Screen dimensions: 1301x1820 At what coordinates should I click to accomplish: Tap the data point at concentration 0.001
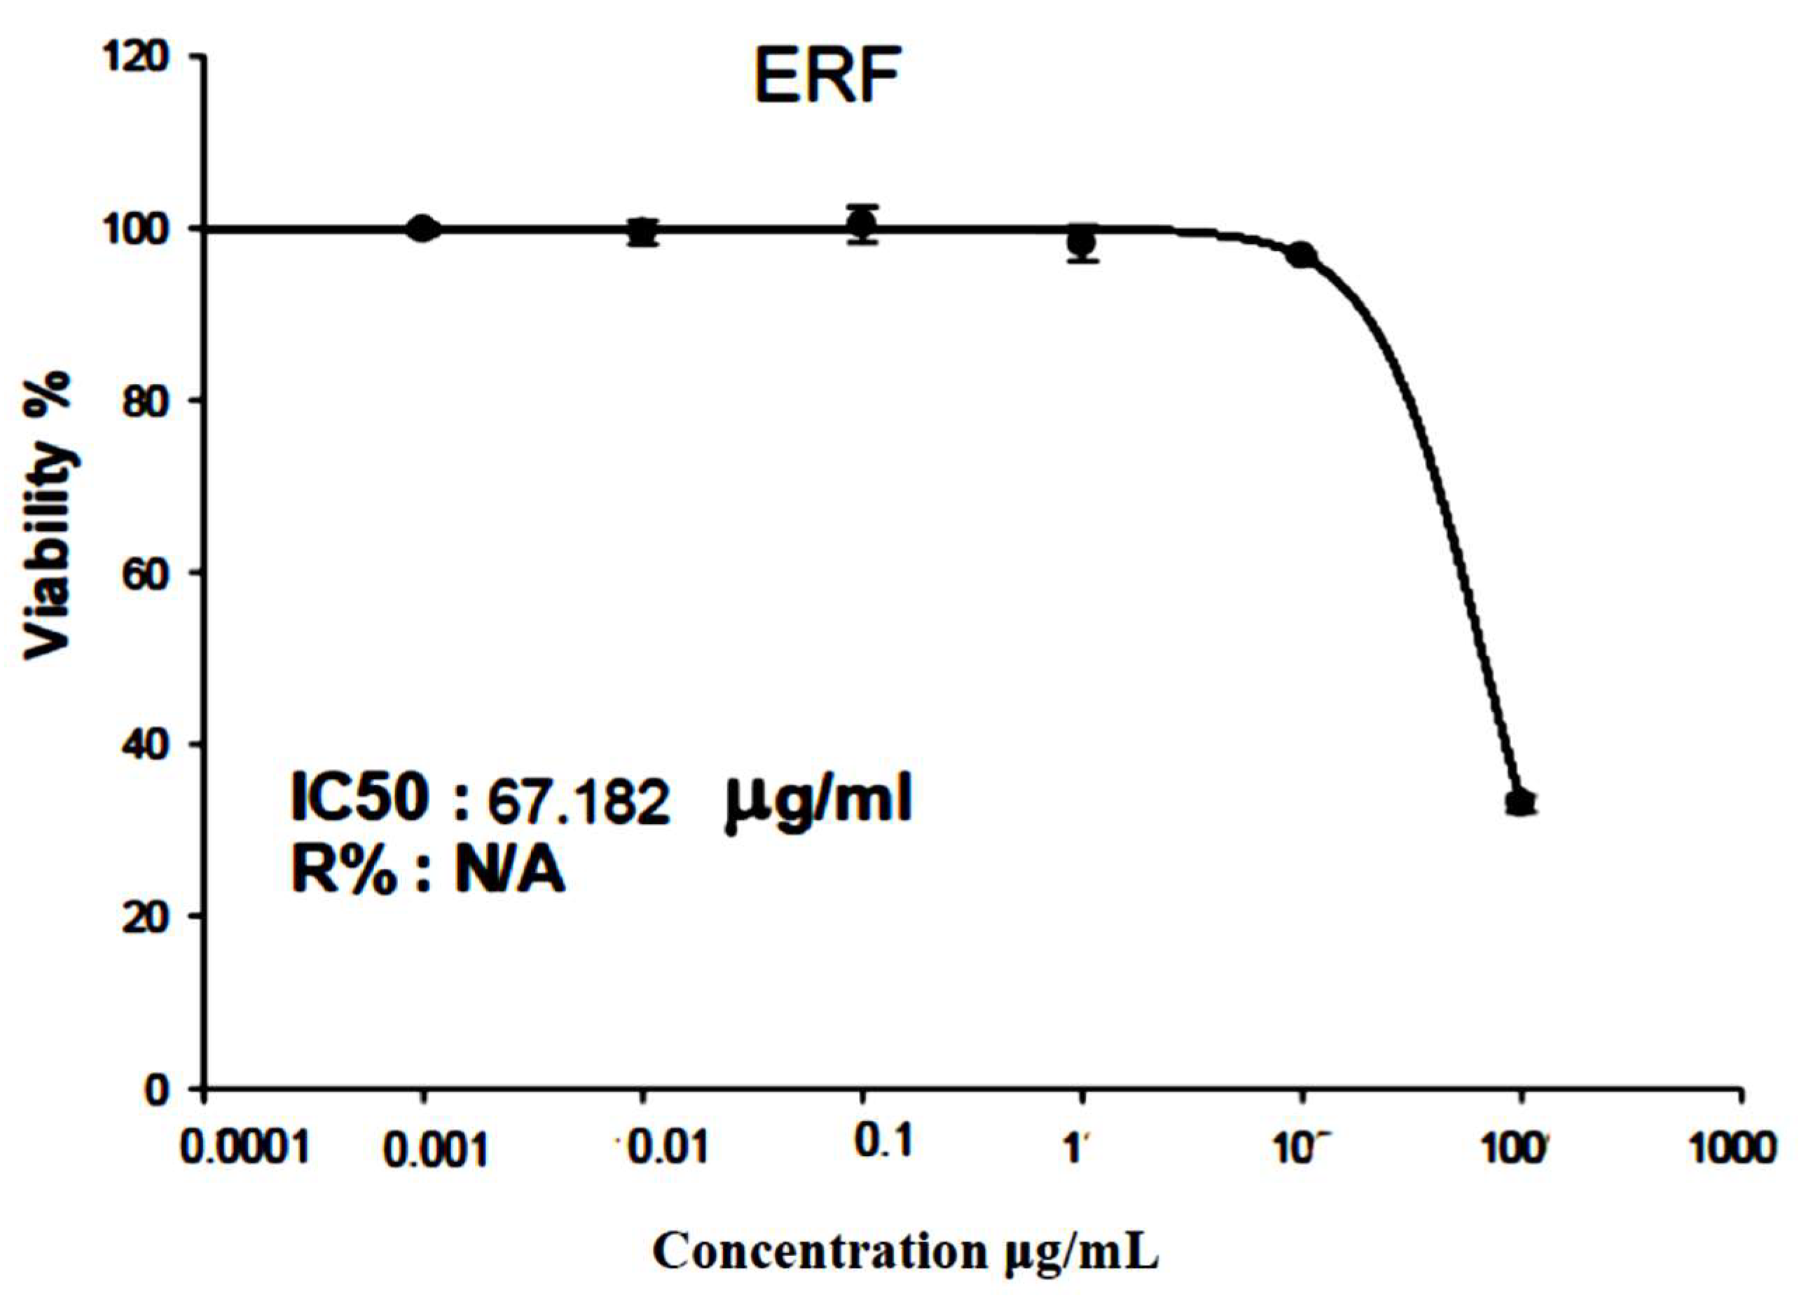coord(424,229)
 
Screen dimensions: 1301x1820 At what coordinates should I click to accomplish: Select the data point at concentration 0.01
coord(642,233)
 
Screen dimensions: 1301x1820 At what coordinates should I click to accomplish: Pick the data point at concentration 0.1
coord(863,223)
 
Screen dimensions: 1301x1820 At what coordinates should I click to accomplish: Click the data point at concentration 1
coord(1082,242)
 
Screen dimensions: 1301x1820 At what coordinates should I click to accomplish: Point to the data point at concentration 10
coord(1302,256)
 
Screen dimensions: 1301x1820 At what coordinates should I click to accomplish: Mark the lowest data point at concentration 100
coord(1520,802)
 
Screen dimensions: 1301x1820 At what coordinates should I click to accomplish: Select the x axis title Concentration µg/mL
coord(906,1251)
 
